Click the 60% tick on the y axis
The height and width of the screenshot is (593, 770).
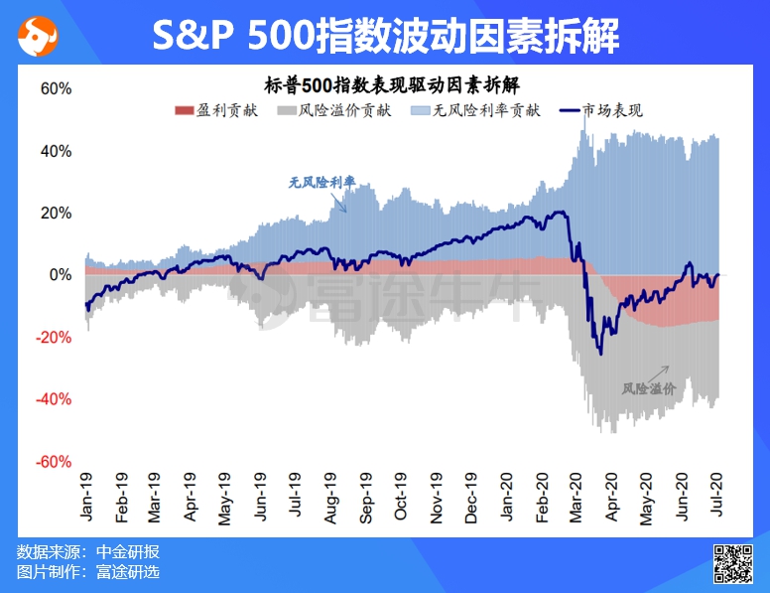(56, 89)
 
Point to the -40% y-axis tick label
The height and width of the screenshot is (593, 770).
(53, 399)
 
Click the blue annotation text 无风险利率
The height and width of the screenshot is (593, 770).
(322, 183)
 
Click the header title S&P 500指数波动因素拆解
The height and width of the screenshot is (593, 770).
(386, 37)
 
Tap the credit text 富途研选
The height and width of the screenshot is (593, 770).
(128, 571)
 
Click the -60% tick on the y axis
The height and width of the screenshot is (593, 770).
(53, 462)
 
